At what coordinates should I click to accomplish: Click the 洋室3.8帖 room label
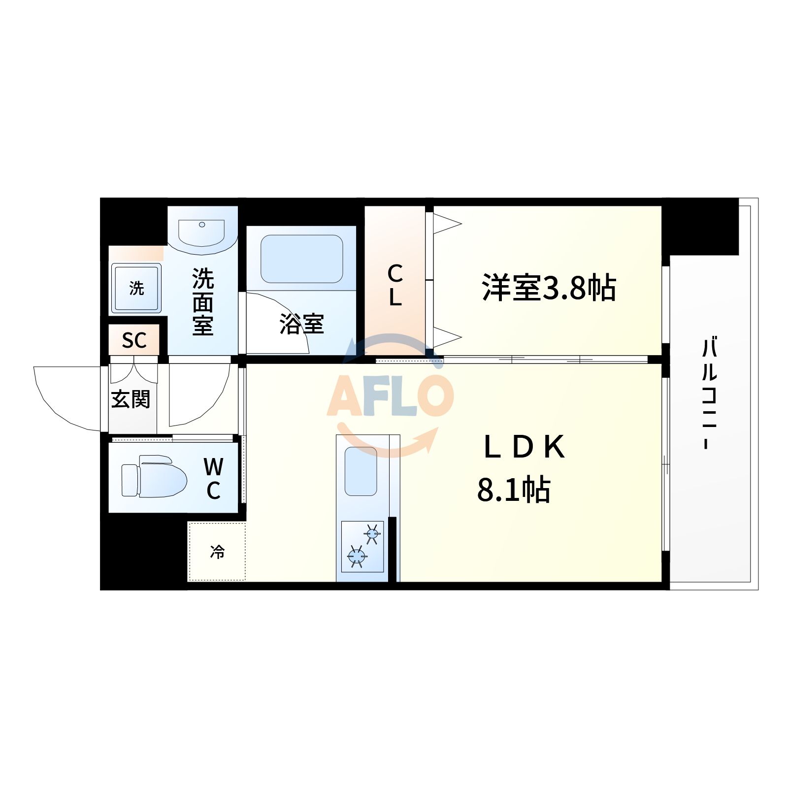pos(549,288)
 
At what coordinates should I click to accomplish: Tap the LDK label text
pos(524,447)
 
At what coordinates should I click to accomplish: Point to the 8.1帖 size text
pos(514,490)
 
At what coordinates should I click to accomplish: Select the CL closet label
pos(395,286)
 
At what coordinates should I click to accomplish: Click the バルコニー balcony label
pos(709,393)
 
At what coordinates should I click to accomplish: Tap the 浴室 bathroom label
pos(301,324)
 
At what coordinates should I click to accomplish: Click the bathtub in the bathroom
pos(301,259)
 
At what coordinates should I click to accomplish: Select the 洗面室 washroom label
pos(203,302)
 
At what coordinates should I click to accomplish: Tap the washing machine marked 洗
pos(136,288)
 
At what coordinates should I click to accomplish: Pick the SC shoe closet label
pos(134,340)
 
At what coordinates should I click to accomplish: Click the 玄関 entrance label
pos(131,399)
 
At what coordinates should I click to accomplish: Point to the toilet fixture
pos(154,477)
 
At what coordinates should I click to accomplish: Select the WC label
pos(213,478)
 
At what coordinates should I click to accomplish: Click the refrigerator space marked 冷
pos(217,552)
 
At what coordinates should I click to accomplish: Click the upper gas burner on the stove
pos(372,533)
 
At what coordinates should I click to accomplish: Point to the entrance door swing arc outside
pos(59,399)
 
